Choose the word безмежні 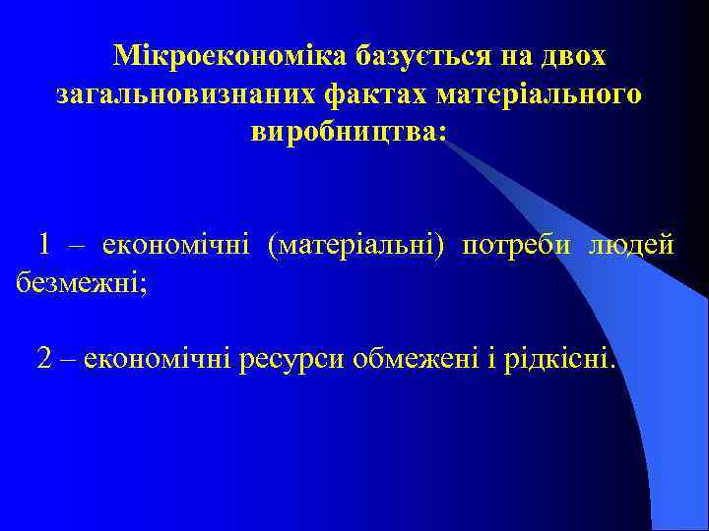[x=79, y=283]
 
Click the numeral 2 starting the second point [x=45, y=359]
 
